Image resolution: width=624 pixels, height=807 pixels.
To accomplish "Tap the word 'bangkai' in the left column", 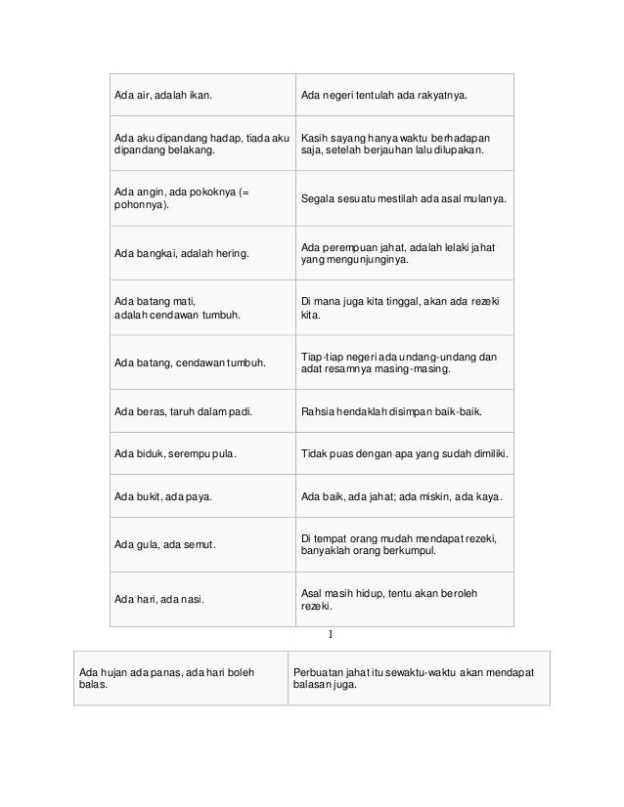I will [x=156, y=254].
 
